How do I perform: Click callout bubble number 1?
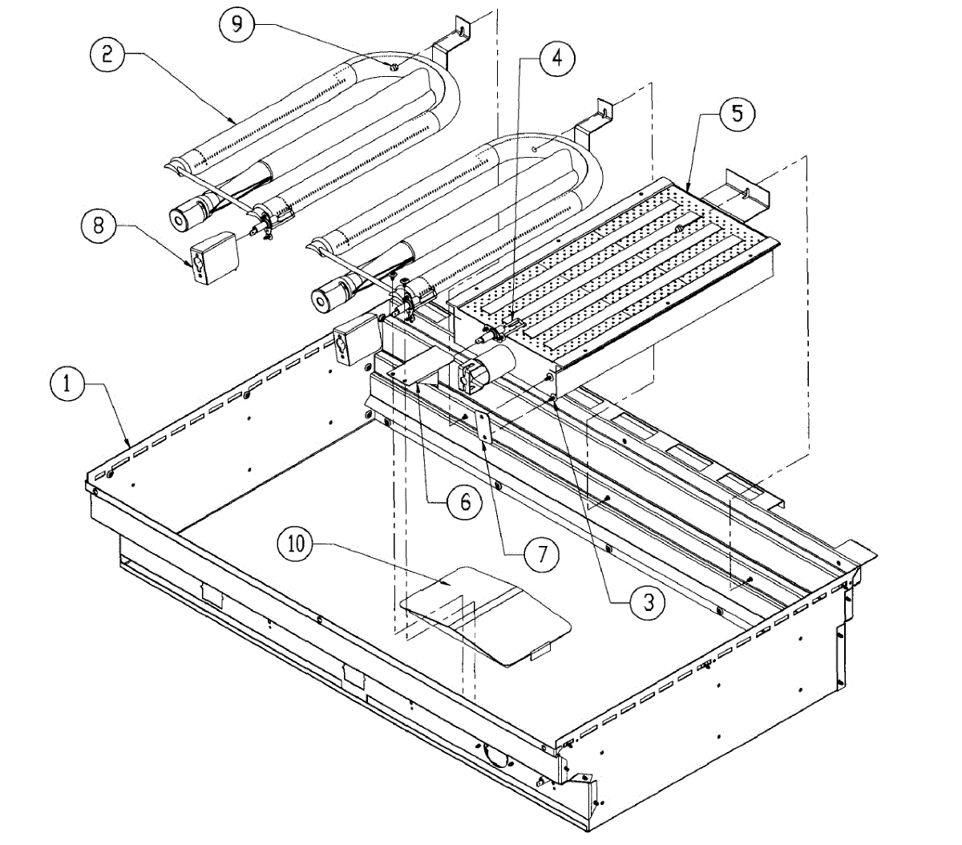[68, 384]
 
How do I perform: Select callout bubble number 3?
[648, 603]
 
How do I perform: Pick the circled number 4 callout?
[556, 59]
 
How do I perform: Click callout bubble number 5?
[737, 113]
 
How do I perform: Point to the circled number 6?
[465, 503]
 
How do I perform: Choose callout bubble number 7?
[542, 554]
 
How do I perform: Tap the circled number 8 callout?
[99, 225]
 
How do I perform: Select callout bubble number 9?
[237, 24]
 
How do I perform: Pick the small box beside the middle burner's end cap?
[353, 338]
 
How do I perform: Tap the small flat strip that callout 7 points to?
[483, 429]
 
